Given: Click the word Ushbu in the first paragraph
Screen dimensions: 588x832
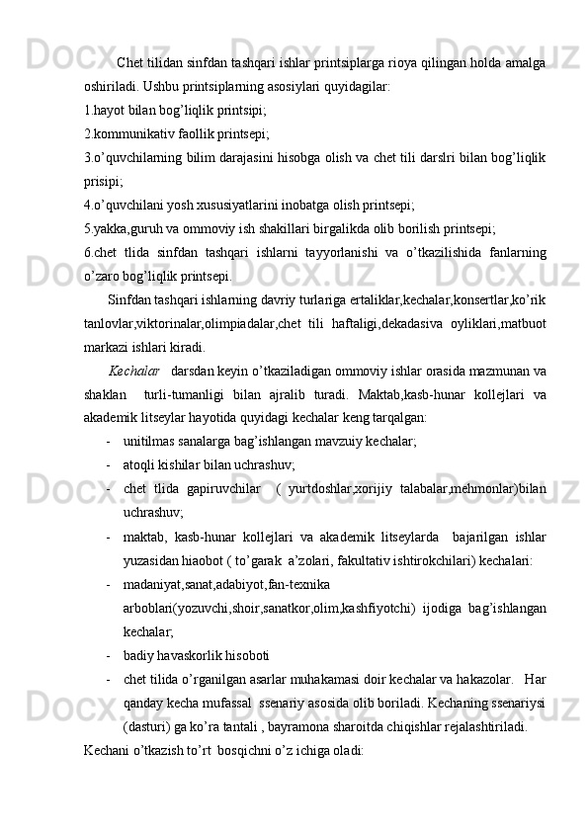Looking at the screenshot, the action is click(x=159, y=86).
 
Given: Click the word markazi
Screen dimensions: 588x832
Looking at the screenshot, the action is click(x=106, y=347).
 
